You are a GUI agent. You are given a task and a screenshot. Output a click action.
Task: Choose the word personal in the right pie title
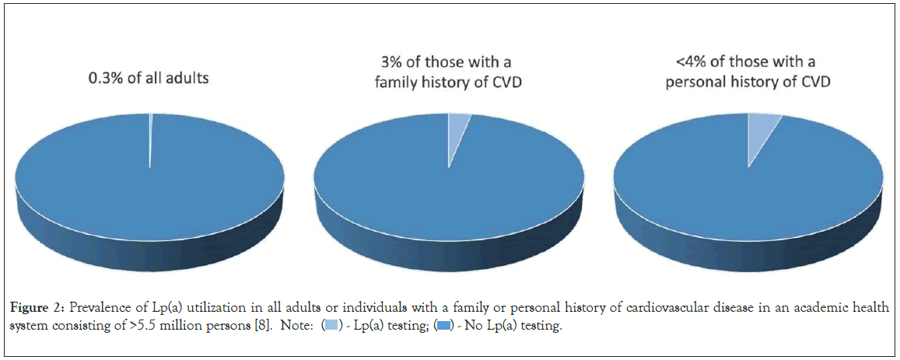pos(695,80)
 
